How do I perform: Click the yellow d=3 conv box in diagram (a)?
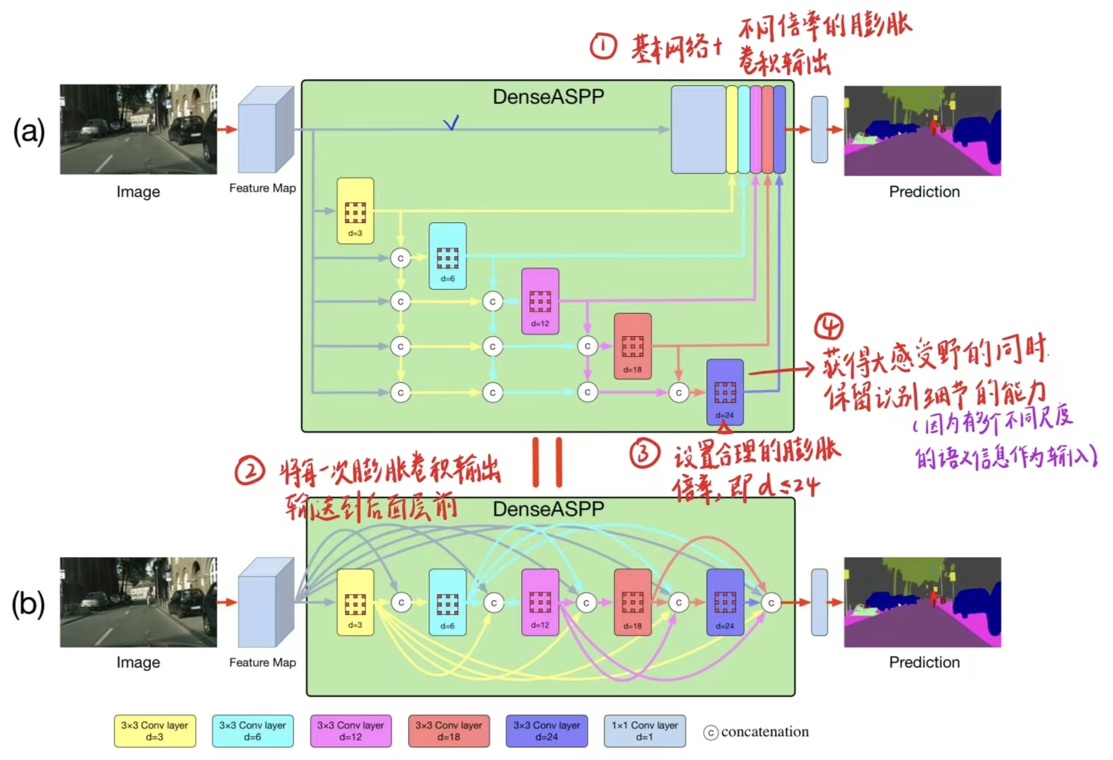(x=355, y=210)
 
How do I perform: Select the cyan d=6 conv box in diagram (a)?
(x=447, y=256)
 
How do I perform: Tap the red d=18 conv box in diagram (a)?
(x=632, y=346)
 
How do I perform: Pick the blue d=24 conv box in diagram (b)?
(x=725, y=602)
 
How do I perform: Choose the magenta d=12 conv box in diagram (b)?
(x=540, y=602)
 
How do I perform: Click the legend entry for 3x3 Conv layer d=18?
(x=449, y=731)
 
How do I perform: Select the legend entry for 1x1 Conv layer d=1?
(x=644, y=731)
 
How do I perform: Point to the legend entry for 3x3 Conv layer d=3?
(x=154, y=731)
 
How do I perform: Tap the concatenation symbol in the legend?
(x=711, y=733)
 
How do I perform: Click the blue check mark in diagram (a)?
(x=451, y=122)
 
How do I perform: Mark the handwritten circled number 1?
(x=604, y=47)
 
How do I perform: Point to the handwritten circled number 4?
(x=829, y=326)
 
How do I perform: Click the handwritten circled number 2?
(x=250, y=471)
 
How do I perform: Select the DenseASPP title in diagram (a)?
(x=548, y=97)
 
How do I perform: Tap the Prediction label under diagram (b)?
(x=924, y=662)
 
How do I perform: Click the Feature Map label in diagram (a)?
(x=262, y=188)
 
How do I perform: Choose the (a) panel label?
(x=29, y=131)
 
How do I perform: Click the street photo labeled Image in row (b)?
(x=138, y=602)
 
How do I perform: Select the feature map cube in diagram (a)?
(x=266, y=130)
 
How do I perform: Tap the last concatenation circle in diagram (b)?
(x=771, y=603)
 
